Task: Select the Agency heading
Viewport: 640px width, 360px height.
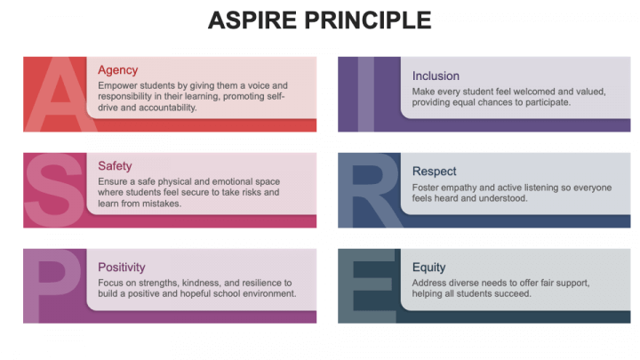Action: pos(118,70)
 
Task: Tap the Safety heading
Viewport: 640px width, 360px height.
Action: pos(116,165)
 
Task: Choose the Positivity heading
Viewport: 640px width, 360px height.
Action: pos(122,267)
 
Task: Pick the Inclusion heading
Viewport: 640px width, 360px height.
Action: pos(436,76)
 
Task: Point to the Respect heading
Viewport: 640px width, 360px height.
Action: pos(435,171)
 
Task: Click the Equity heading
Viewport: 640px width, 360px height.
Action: pos(429,267)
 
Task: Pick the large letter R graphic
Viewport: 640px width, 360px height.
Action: pos(369,190)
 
